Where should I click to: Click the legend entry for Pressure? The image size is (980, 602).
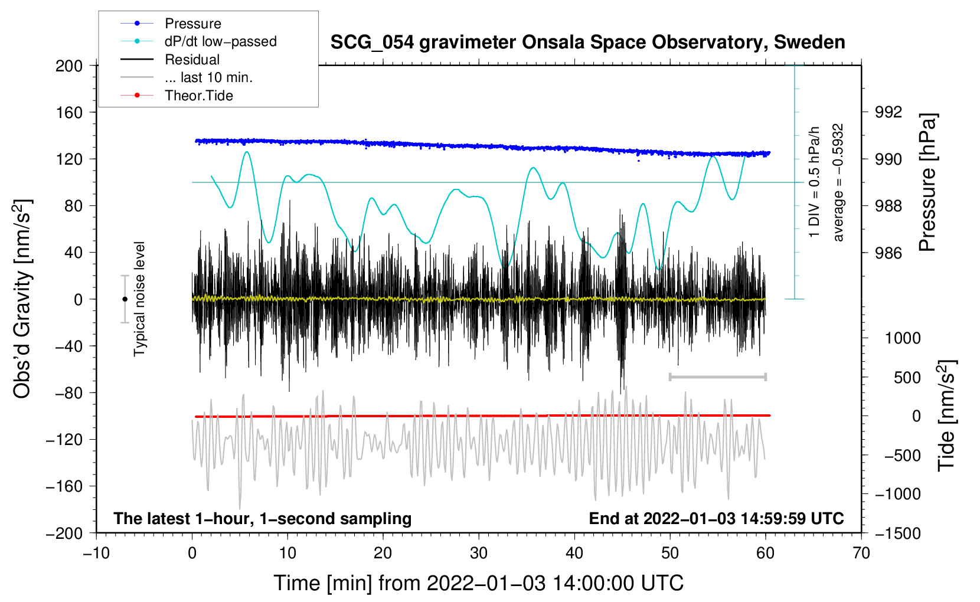[x=192, y=24]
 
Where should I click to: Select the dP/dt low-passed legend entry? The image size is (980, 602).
[x=220, y=41]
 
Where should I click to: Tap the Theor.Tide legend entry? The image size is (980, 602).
[x=198, y=96]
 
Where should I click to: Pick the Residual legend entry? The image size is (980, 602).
[x=192, y=60]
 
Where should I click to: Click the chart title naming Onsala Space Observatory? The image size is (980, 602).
[x=587, y=42]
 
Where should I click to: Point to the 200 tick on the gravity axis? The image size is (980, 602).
[x=69, y=66]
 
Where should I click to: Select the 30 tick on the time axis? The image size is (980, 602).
[x=478, y=553]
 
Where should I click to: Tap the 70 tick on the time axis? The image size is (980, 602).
[x=861, y=553]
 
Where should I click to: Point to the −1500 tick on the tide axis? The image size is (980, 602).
[x=897, y=534]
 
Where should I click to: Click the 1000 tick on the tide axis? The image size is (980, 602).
[x=902, y=338]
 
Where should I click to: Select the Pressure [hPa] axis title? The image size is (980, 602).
[x=927, y=182]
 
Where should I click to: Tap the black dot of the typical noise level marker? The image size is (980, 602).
[x=125, y=299]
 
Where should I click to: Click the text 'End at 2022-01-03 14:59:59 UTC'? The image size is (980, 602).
[x=716, y=518]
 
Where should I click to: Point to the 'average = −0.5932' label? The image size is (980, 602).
[x=838, y=182]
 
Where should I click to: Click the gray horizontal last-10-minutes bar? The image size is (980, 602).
[x=717, y=377]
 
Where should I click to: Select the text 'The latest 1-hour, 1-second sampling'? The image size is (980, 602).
[x=262, y=518]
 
